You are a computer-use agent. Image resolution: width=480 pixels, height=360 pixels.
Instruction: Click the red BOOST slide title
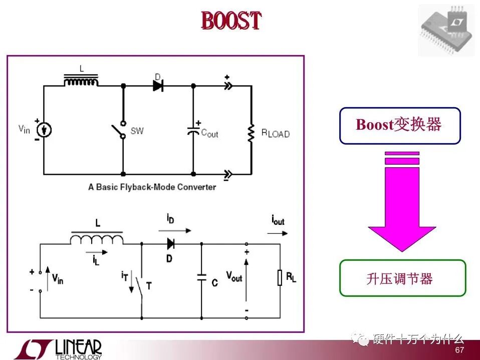pyautogui.click(x=231, y=21)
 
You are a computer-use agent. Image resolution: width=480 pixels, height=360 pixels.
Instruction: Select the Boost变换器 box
pyautogui.click(x=399, y=125)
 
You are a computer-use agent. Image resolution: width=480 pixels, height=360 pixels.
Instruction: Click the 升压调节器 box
pyautogui.click(x=402, y=278)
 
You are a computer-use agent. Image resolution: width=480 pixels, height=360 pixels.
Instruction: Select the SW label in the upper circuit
pyautogui.click(x=137, y=131)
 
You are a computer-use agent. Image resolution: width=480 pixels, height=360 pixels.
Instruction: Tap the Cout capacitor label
pyautogui.click(x=209, y=134)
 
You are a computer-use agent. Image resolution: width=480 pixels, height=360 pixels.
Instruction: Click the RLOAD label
pyautogui.click(x=275, y=134)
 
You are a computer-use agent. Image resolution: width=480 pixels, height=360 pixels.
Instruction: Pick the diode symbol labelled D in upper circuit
pyautogui.click(x=158, y=86)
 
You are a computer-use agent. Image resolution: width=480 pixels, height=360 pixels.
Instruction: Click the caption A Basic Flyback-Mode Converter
pyautogui.click(x=152, y=187)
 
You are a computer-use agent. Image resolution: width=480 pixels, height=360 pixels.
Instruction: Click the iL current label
pyautogui.click(x=95, y=260)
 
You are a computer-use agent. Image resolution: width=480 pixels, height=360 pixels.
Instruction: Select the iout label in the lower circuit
pyautogui.click(x=278, y=221)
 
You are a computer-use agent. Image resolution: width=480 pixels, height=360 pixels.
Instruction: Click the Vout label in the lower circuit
pyautogui.click(x=234, y=276)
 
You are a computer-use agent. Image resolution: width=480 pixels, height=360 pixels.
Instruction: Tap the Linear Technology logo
pyautogui.click(x=59, y=349)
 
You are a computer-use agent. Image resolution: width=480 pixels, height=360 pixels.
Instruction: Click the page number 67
pyautogui.click(x=459, y=350)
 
